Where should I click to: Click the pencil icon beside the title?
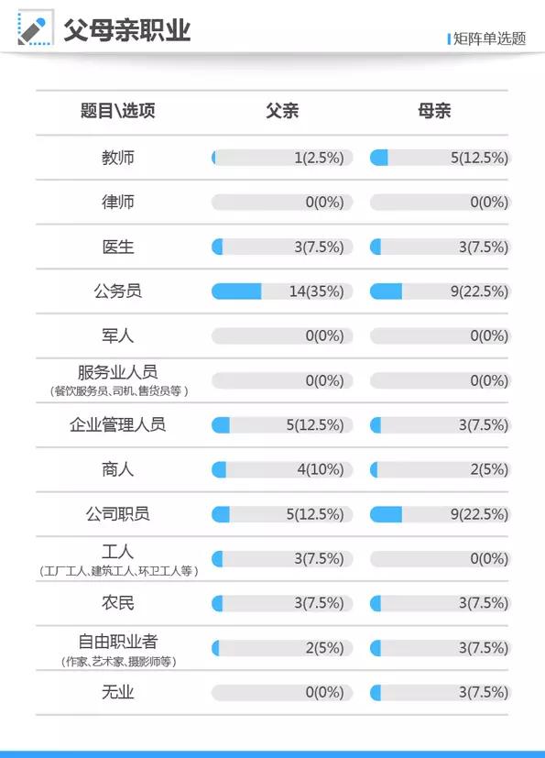(34, 29)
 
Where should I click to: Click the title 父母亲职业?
(126, 29)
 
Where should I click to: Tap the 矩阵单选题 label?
(489, 38)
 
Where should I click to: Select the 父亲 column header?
(282, 112)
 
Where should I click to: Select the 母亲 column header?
(434, 112)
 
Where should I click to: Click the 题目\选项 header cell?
(118, 112)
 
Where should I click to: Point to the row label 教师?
(118, 158)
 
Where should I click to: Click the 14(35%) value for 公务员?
(316, 291)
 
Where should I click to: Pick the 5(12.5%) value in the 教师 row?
(478, 158)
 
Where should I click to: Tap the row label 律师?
(118, 202)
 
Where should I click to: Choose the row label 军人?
(118, 335)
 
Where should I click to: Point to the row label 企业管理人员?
(118, 425)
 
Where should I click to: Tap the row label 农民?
(118, 604)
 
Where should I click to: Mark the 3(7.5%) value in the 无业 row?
(482, 693)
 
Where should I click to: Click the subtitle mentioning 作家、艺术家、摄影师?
(118, 662)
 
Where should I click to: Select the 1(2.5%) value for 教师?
(319, 158)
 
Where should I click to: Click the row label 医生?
(118, 247)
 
